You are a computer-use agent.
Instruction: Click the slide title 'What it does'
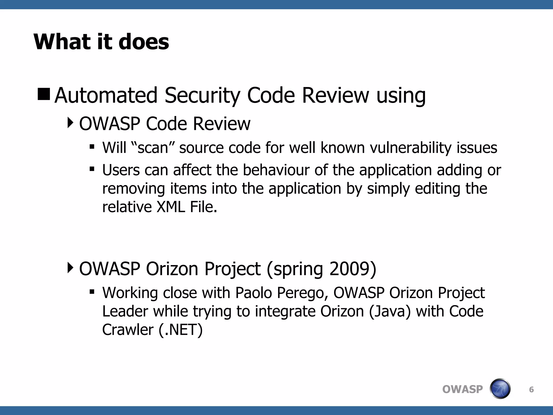coord(101,42)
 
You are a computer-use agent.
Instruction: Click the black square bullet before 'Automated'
coord(44,94)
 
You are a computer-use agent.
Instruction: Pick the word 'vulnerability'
coord(411,148)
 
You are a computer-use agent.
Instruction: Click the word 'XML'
coord(171,207)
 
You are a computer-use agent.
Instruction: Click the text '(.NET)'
coord(181,330)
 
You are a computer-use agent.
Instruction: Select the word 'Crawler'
coord(128,330)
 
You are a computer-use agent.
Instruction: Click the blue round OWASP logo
coord(500,389)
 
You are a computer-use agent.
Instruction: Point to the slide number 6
coord(531,389)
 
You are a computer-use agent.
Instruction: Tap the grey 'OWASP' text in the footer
coord(462,389)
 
